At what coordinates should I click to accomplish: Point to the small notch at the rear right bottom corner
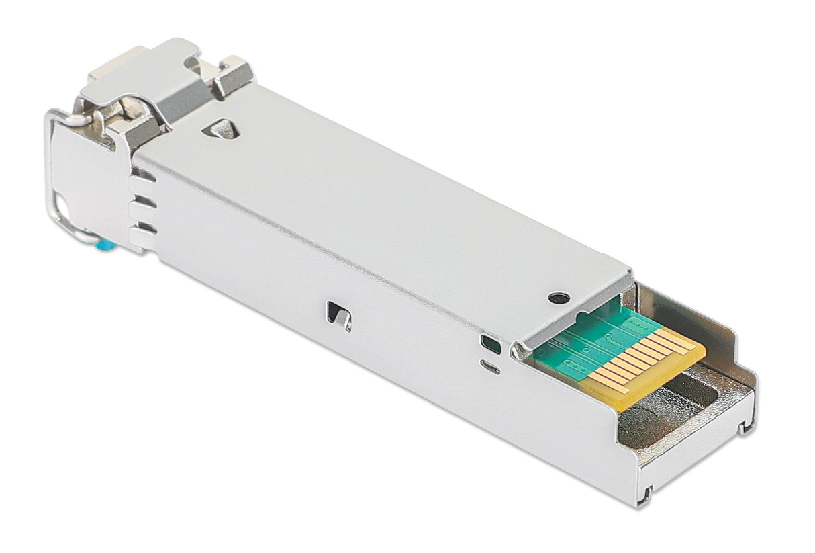coord(747,425)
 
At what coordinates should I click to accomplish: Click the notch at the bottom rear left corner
coord(645,496)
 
